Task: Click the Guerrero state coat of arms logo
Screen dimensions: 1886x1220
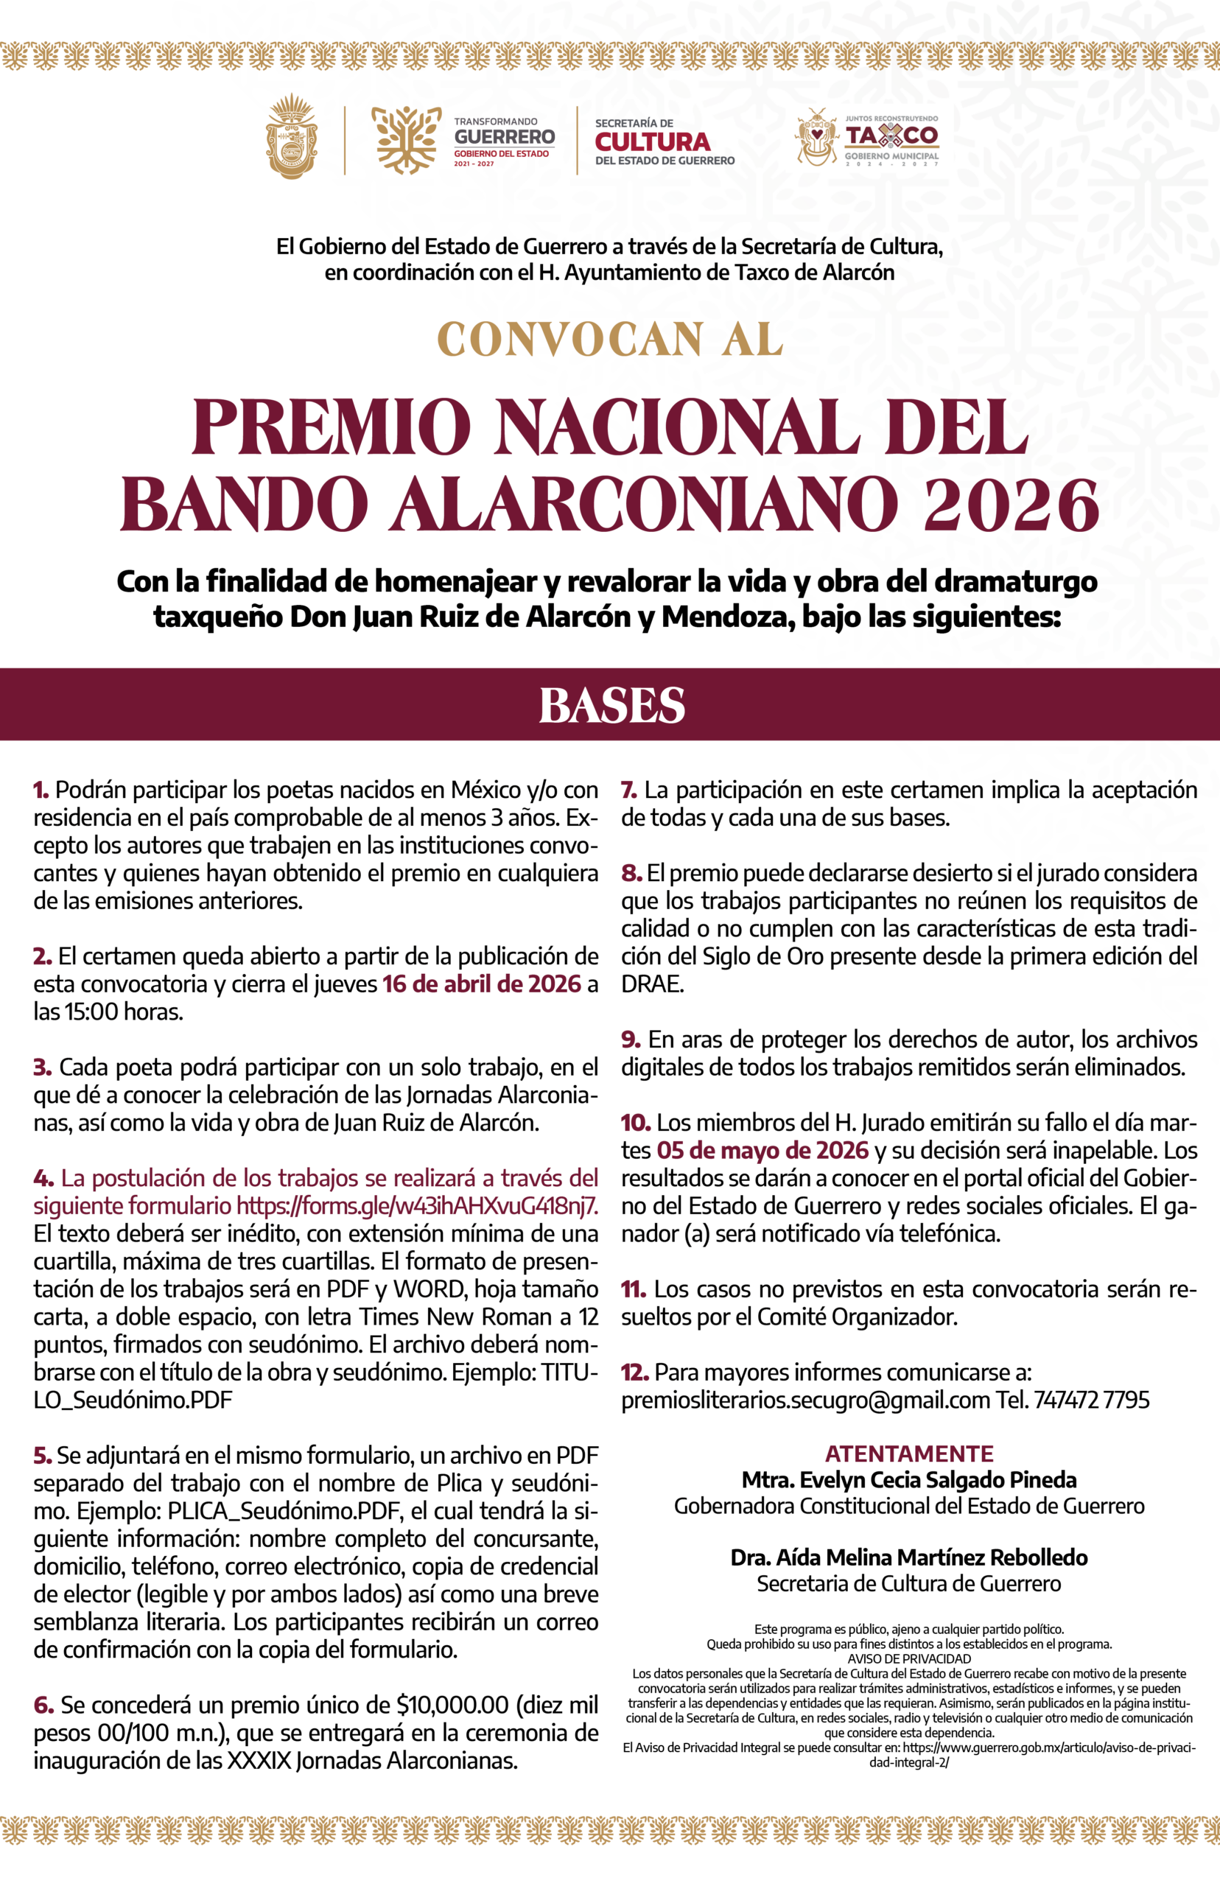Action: (x=292, y=136)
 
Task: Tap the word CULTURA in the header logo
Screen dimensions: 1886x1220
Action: (x=652, y=141)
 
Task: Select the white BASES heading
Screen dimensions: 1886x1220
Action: (x=611, y=705)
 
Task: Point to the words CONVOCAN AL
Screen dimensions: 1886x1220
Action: (x=610, y=340)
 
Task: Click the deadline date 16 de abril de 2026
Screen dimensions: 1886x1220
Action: (x=482, y=984)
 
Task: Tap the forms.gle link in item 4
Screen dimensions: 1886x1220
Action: (x=417, y=1205)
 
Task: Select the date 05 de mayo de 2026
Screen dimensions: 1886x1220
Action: (x=762, y=1150)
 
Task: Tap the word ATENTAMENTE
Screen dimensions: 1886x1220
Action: (x=908, y=1454)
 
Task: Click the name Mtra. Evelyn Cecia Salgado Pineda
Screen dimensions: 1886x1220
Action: (x=908, y=1479)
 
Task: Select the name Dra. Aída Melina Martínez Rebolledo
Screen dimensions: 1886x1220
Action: (x=908, y=1557)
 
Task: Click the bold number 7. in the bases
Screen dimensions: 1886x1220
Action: (x=629, y=790)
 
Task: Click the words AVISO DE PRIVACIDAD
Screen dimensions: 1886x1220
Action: (x=908, y=1658)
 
